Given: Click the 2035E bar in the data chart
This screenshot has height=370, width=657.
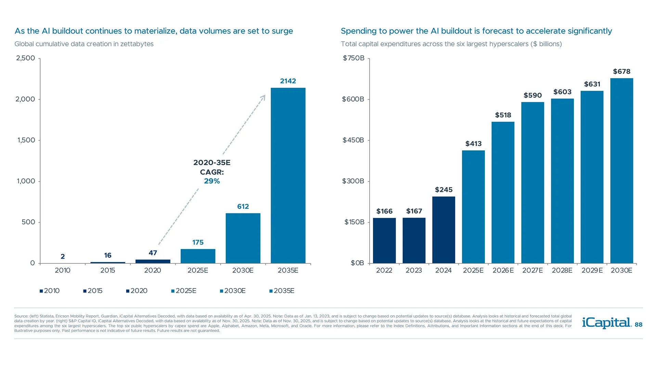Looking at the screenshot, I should (288, 175).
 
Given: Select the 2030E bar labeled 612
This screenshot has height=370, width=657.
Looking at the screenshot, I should (243, 238).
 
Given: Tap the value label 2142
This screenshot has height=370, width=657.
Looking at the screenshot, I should (288, 81).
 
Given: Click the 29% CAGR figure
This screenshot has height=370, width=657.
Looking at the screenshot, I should (212, 181).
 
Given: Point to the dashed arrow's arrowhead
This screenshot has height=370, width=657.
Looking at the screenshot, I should (263, 98).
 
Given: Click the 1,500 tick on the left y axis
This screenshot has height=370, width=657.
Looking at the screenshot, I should (26, 140).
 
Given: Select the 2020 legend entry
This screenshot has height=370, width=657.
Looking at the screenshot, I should (137, 291).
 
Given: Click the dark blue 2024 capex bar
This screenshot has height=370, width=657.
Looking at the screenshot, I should (443, 230).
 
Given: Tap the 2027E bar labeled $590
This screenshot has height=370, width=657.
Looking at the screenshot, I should (532, 183).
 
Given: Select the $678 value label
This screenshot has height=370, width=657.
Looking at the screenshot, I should (621, 72).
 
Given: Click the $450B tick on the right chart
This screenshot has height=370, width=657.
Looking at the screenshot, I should (353, 140).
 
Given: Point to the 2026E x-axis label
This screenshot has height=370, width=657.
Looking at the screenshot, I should (503, 270).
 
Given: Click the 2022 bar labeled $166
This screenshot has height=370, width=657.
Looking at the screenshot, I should (384, 241).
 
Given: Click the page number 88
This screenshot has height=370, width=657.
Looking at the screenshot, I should (639, 325).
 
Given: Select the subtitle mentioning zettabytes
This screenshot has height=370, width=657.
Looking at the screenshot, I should (84, 44).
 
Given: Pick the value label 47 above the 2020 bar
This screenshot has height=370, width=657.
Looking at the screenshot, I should (153, 253).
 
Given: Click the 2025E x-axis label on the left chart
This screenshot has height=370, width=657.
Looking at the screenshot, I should (198, 270).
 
